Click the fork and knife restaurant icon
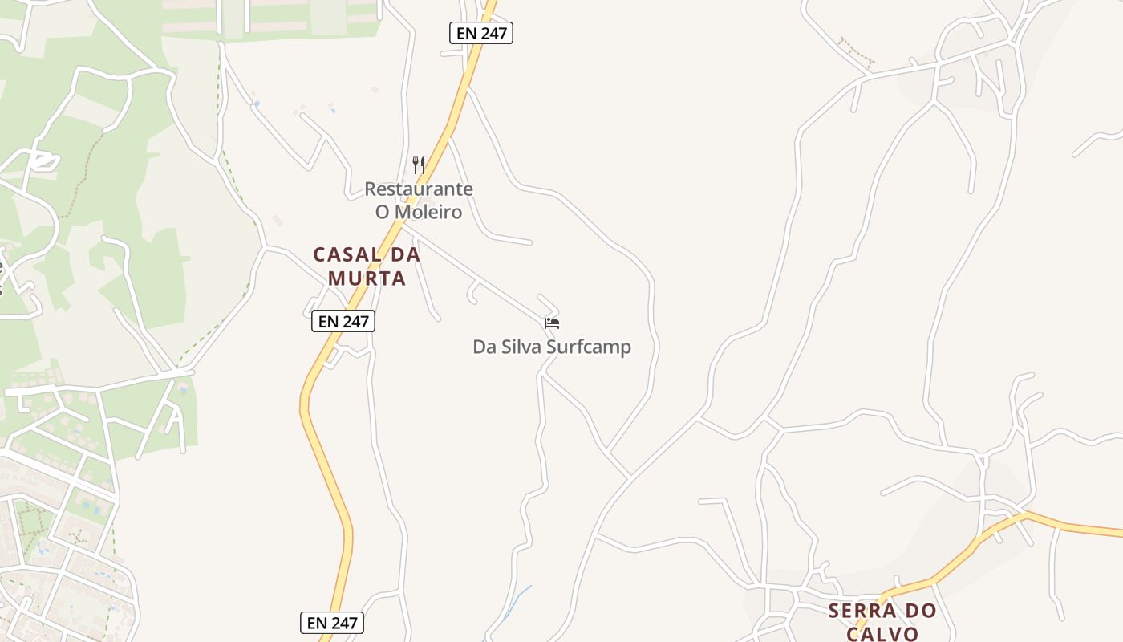[x=419, y=165]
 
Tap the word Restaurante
[x=419, y=189]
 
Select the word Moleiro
[x=430, y=213]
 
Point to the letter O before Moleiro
[x=383, y=213]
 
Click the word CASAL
[x=347, y=255]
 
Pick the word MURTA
[x=367, y=279]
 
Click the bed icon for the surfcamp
[x=552, y=323]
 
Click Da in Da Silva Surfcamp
[x=484, y=347]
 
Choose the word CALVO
[x=882, y=634]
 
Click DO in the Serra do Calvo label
[x=918, y=611]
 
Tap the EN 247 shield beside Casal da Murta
[x=343, y=322]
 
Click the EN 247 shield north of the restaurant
[x=480, y=33]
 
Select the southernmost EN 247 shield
[x=332, y=623]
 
